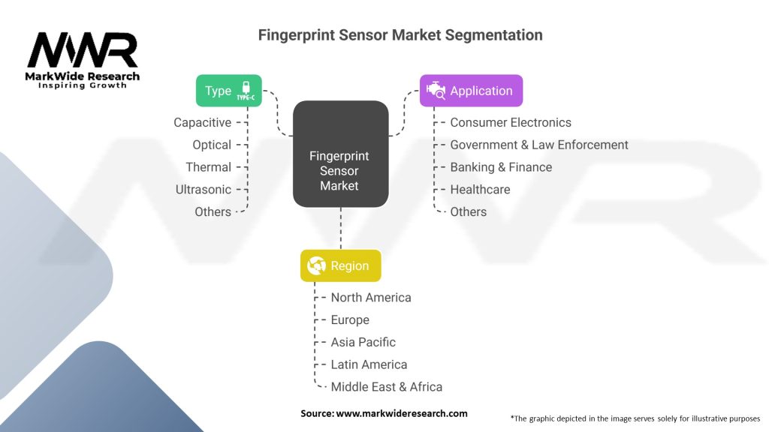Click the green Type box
pos(228,91)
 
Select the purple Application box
pos(471,91)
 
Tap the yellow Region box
pos(340,265)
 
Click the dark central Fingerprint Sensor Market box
pos(340,154)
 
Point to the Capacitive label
pos(202,122)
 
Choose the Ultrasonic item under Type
pos(203,190)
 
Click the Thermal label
pos(209,167)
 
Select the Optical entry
pos(211,145)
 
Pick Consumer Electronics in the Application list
pos(511,122)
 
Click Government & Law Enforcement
pos(539,145)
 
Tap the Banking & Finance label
pos(501,167)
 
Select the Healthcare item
pos(480,190)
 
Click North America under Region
pos(371,297)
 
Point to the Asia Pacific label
pos(363,342)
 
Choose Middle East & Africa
pos(387,387)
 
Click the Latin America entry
pos(369,364)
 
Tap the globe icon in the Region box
pos(316,265)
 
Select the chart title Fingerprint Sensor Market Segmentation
pos(400,35)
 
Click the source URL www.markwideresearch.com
pos(402,413)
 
